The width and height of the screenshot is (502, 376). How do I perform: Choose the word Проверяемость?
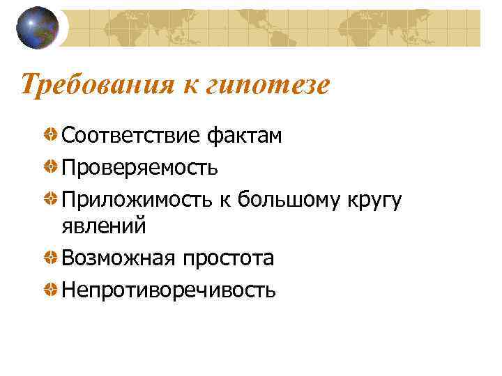pyautogui.click(x=139, y=167)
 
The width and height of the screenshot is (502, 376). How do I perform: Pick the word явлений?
pyautogui.click(x=103, y=226)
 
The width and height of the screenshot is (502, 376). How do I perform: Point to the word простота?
pyautogui.click(x=228, y=258)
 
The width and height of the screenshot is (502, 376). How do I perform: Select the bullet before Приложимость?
pyautogui.click(x=51, y=199)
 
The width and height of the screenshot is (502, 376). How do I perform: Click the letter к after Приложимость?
pyautogui.click(x=225, y=199)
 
